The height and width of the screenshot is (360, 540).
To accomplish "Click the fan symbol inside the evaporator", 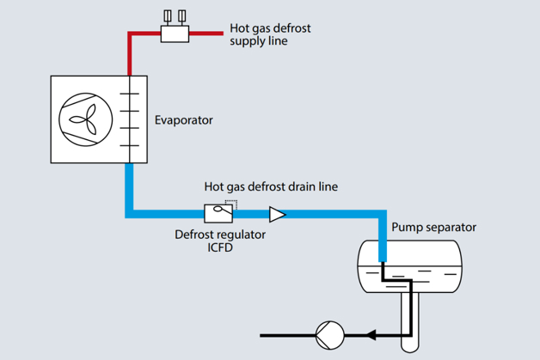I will coord(87,119).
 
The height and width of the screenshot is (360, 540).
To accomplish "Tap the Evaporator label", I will coord(183,120).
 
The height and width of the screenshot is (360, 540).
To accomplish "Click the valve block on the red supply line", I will coord(175,33).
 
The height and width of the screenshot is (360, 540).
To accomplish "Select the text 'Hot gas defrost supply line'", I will coord(270,34).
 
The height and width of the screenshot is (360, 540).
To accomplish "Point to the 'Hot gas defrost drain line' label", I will coord(271,186).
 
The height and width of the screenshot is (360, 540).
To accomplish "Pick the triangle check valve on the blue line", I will coord(277,213).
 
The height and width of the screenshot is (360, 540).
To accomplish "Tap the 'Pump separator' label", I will coord(433,228).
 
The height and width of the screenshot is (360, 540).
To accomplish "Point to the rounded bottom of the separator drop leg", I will coord(410,345).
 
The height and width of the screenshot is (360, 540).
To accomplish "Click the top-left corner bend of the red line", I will coord(129,34).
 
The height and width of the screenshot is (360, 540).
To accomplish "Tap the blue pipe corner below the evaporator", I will coord(129,213).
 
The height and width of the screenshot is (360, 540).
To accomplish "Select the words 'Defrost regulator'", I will coord(220,234).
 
